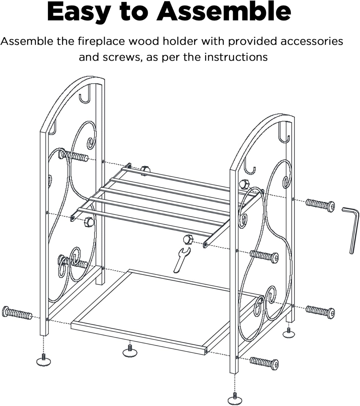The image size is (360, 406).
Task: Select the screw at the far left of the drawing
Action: coord(17,313)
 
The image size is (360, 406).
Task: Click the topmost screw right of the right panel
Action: coord(320,205)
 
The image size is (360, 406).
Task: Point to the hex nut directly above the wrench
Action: coord(188,240)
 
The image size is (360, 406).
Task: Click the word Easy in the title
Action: coord(78,12)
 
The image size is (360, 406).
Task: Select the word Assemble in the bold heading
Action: coord(223,12)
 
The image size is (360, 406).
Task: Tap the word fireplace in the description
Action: coord(102,41)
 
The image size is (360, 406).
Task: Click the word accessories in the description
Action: coord(312,41)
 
